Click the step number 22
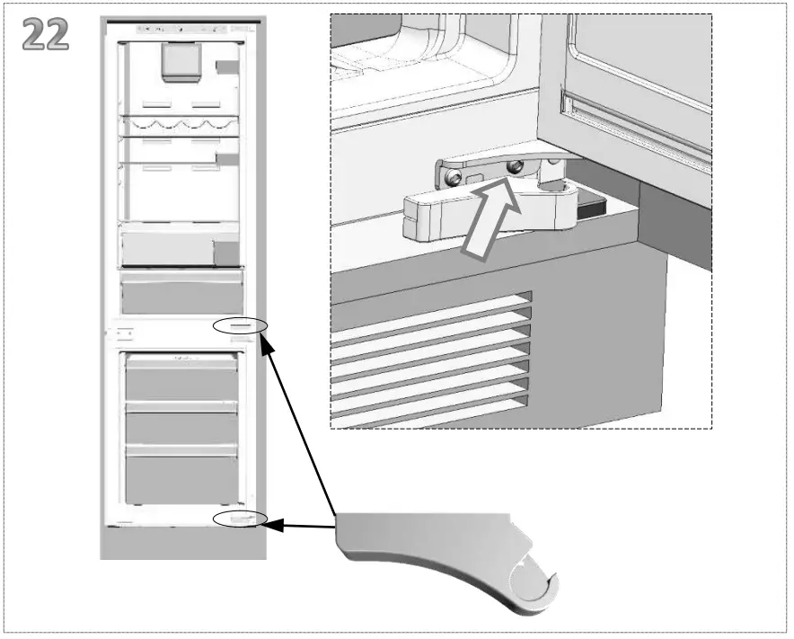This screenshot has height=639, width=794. click(46, 34)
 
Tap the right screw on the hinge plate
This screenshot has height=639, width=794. click(516, 167)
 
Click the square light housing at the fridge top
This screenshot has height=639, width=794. click(177, 61)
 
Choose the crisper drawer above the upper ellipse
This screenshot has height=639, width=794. click(181, 293)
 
